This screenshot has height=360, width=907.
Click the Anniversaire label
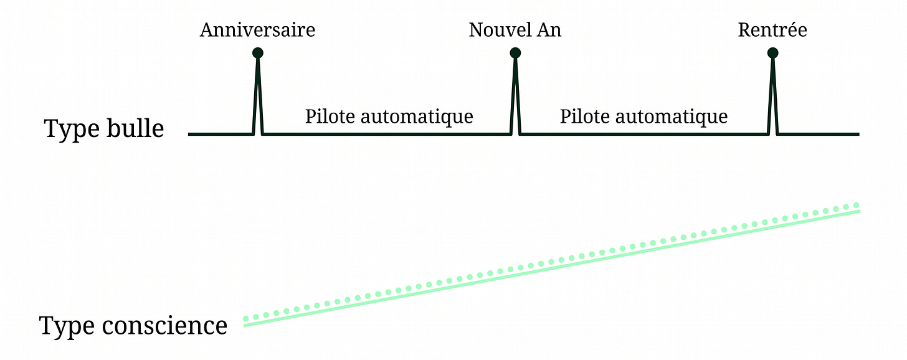(257, 30)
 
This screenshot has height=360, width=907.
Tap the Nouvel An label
(515, 30)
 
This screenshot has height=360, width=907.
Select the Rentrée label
(772, 30)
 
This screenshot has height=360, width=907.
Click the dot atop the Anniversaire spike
(257, 53)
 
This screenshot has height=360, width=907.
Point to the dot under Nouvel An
(515, 53)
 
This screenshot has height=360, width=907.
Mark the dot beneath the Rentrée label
(772, 53)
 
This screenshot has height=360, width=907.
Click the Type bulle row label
(104, 129)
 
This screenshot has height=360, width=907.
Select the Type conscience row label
(133, 326)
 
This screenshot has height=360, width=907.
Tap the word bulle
(135, 128)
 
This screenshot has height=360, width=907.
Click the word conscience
(164, 326)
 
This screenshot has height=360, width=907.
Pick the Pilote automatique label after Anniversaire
(389, 116)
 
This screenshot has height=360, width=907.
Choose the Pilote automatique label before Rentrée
(644, 116)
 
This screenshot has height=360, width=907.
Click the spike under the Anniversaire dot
(257, 95)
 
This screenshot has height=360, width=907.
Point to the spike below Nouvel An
(515, 95)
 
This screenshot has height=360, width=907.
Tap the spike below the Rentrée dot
(772, 95)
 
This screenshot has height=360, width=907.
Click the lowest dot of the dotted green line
(246, 319)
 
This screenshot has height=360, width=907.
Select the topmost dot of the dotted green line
(857, 205)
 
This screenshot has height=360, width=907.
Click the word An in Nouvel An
(549, 30)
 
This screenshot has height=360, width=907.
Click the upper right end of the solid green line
(859, 211)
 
